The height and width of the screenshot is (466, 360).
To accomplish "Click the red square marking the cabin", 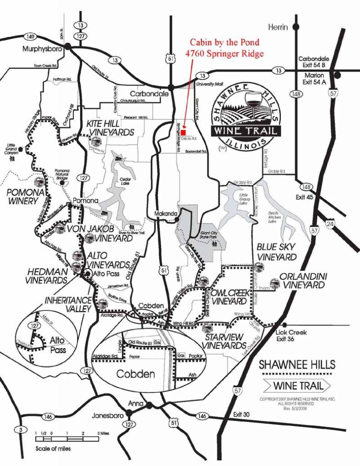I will click(x=183, y=126).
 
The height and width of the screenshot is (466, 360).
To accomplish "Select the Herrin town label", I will click(x=278, y=27).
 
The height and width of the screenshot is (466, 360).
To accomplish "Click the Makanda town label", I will click(x=164, y=213).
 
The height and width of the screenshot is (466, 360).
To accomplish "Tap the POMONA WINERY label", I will click(x=25, y=197).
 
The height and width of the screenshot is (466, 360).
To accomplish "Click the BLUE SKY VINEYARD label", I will click(x=276, y=251).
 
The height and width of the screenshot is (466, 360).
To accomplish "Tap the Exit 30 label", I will click(x=243, y=415).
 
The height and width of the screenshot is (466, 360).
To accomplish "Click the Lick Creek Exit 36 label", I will click(x=291, y=335).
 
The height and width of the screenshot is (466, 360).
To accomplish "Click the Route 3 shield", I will click(x=20, y=429).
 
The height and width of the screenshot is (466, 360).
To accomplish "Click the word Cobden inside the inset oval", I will click(x=136, y=375).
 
